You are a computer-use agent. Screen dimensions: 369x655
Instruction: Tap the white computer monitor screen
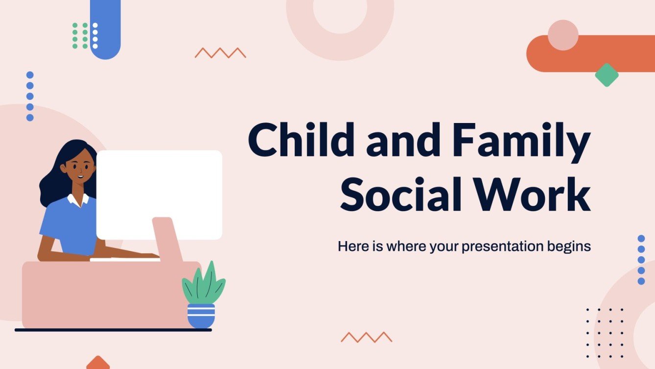tap(159, 194)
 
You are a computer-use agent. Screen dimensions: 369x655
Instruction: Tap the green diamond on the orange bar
tap(607, 75)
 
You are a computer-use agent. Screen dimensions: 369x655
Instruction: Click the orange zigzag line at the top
tap(220, 53)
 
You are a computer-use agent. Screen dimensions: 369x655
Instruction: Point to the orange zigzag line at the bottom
tap(366, 337)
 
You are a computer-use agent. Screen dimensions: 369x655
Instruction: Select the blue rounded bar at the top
tap(105, 29)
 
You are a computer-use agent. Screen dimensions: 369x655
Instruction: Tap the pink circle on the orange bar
tap(563, 35)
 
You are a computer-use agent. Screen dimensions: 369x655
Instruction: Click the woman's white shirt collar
tap(78, 199)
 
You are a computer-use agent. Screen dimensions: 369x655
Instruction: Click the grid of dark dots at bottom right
tap(605, 333)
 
